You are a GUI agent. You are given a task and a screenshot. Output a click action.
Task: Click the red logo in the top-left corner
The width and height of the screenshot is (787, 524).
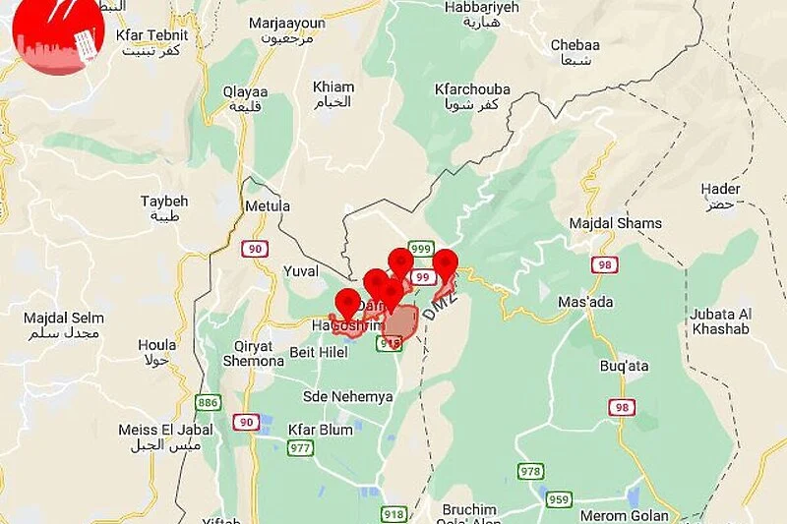tap(57, 36)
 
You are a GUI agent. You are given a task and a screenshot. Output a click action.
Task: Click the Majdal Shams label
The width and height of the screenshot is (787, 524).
tap(616, 223)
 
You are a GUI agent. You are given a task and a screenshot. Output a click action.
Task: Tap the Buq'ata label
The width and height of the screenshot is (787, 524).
tap(624, 366)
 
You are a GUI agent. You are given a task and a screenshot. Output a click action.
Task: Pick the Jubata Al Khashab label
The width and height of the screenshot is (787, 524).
tap(719, 321)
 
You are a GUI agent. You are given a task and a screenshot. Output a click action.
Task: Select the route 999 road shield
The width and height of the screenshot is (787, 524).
tap(421, 248)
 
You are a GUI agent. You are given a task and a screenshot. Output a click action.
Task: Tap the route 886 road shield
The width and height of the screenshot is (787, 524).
tap(208, 402)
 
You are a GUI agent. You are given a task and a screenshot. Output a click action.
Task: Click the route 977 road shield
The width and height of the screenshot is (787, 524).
tap(301, 448)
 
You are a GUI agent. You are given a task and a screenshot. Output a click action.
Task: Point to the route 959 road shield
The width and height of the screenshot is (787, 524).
tap(560, 498)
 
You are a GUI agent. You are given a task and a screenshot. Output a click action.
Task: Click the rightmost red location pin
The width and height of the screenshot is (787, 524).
tap(445, 263)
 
